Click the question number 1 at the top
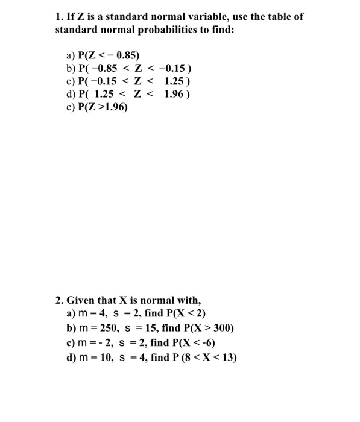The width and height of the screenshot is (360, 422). coord(58,16)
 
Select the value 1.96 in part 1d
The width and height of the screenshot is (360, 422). coord(174,95)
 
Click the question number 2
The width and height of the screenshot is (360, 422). coord(58,300)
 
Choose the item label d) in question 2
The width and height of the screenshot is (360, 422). coord(71,358)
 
